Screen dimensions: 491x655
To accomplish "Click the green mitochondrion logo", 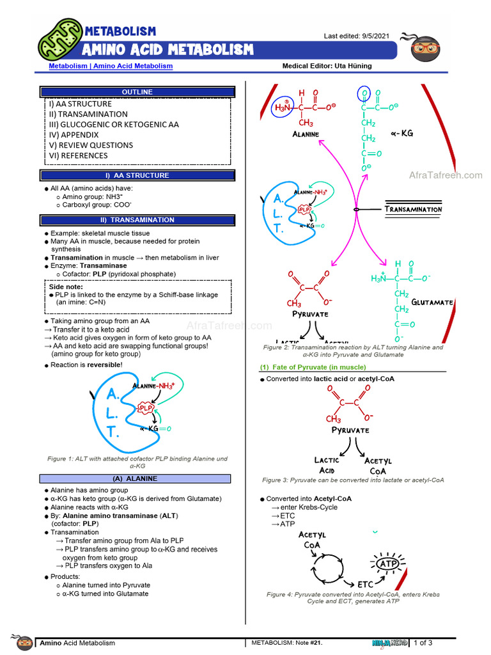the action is click(61, 40).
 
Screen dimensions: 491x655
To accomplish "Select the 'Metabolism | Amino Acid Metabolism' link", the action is click(111, 66).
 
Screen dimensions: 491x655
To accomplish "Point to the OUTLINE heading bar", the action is click(137, 92).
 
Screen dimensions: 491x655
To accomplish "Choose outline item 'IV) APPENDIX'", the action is click(74, 135).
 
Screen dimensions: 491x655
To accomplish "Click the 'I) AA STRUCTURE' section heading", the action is click(137, 175).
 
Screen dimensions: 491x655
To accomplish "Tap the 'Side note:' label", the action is click(66, 287).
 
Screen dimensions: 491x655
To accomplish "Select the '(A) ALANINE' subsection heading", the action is click(135, 478).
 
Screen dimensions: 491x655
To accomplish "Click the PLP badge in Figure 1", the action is click(146, 407).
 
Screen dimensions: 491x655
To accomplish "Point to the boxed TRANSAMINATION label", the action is click(414, 209).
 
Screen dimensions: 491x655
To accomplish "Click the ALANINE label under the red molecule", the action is click(306, 134).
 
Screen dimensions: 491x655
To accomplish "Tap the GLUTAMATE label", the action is click(432, 303).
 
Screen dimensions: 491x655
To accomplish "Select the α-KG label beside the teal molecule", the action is click(402, 133).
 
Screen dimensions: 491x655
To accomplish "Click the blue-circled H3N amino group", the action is click(283, 107).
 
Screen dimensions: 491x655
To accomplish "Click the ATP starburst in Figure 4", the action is click(388, 564).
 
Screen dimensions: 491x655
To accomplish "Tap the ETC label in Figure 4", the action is click(365, 585).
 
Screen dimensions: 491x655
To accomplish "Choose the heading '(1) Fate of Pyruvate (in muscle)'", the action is click(313, 367).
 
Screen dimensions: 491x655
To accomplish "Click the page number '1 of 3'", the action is click(423, 643).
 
